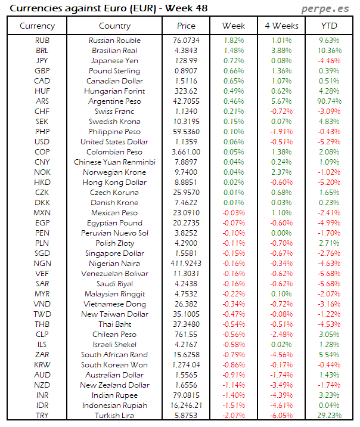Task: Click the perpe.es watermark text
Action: coord(327,9)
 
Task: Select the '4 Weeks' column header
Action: coord(281,26)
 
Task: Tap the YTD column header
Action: coord(329,26)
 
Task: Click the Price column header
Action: coord(186,26)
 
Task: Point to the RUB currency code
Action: coord(42,41)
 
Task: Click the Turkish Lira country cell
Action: coord(114,416)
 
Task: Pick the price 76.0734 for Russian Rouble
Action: coord(186,41)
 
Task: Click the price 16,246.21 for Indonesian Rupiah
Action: coord(186,406)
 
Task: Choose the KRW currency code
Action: coord(42,365)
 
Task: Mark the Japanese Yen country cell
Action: coord(114,61)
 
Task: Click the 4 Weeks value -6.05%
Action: coord(281,416)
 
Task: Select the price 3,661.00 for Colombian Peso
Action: coord(186,152)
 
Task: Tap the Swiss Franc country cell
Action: coord(114,112)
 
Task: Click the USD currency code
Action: coord(42,142)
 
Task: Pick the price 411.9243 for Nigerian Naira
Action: coord(186,264)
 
